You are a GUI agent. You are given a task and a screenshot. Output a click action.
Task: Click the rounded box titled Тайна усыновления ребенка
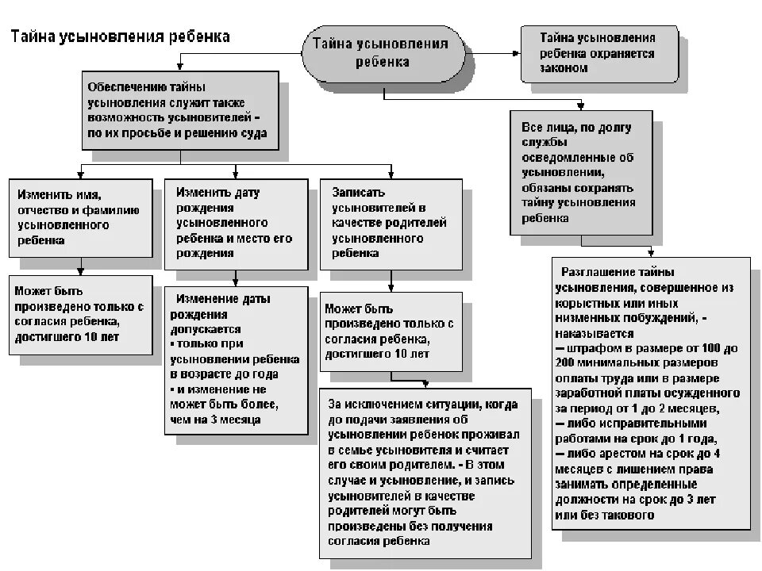pos(385,53)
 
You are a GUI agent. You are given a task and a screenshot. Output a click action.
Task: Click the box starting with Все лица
pos(583,171)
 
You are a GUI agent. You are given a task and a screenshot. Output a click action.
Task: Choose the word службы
pos(544,142)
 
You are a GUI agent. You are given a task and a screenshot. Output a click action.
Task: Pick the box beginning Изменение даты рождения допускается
pos(236,359)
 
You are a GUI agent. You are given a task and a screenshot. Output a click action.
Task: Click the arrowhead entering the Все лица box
pos(583,105)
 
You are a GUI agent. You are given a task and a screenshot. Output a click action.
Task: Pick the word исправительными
pos(629,423)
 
